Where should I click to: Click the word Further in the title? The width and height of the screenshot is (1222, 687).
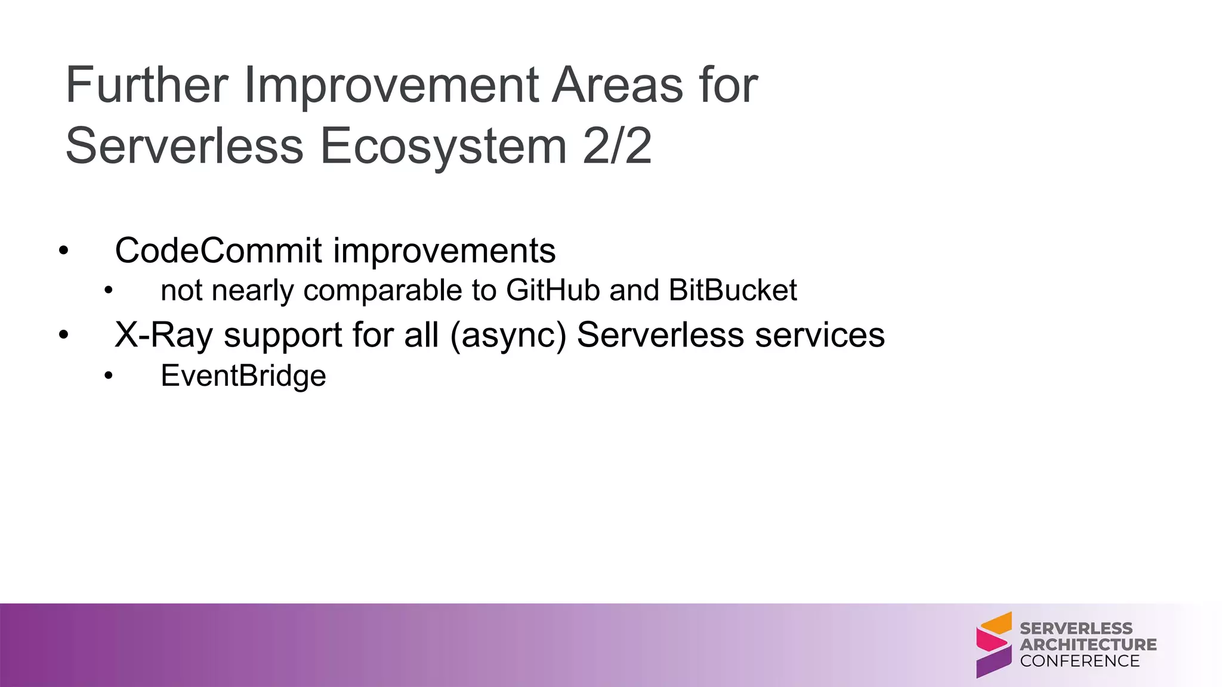tap(147, 85)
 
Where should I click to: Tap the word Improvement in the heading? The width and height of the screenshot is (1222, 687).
tap(391, 85)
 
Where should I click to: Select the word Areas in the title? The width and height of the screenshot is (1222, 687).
tap(617, 85)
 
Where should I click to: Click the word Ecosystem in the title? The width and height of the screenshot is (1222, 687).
tap(443, 147)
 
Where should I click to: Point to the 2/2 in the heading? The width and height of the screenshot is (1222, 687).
tap(617, 147)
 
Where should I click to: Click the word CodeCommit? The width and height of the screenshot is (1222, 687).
tap(218, 250)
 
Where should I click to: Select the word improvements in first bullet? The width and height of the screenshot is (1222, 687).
tap(445, 250)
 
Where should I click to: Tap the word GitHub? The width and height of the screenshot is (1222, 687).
tap(553, 290)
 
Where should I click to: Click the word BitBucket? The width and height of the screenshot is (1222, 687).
tap(733, 290)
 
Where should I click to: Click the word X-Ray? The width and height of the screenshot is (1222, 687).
tap(163, 335)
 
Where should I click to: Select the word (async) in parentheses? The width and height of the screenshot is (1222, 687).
tap(508, 335)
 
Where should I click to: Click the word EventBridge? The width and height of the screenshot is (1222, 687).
tap(243, 376)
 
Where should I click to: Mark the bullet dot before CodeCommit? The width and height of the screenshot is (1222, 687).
tap(64, 251)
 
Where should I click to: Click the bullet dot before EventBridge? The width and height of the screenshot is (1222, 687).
tap(108, 376)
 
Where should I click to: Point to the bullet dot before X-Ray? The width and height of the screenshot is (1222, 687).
tap(64, 335)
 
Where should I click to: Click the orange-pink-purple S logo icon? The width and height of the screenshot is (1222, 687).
tap(993, 645)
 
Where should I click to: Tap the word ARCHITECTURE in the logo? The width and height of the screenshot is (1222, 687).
tap(1088, 645)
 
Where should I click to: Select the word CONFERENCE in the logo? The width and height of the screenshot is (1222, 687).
tap(1079, 661)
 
